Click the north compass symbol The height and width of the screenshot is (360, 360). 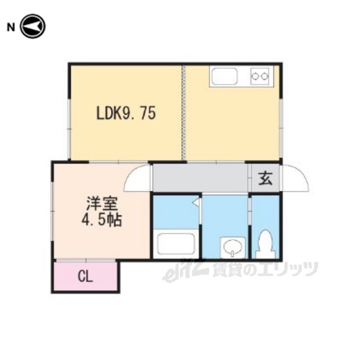(x=33, y=26)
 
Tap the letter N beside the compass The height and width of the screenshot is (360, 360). (x=11, y=28)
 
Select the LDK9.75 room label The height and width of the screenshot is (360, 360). (x=126, y=113)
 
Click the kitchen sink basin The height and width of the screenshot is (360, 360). (x=224, y=76)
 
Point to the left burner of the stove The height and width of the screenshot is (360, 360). (x=255, y=76)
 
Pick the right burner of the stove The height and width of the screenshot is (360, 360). (x=265, y=76)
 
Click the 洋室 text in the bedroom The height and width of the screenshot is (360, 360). (x=102, y=204)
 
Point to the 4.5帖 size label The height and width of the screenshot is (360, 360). (x=102, y=220)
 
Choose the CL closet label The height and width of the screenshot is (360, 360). (x=85, y=277)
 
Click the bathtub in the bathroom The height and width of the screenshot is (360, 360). (x=176, y=244)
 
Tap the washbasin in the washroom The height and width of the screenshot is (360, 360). (x=232, y=247)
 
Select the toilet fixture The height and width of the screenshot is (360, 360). (x=265, y=244)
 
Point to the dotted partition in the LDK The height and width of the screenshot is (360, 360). (x=183, y=113)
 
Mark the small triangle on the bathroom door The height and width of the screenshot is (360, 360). (x=196, y=202)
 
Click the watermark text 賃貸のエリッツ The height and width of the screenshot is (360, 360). (x=265, y=269)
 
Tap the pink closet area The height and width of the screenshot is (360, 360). (x=85, y=277)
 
